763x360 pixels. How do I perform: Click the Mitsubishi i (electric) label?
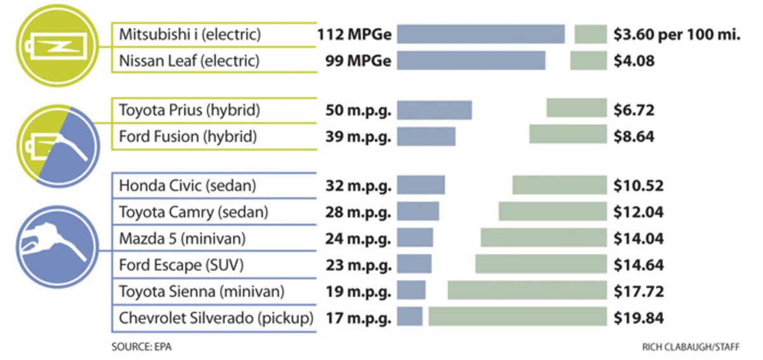[189, 34]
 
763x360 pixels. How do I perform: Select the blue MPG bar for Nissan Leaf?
[472, 60]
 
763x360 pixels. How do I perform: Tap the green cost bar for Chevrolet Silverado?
[518, 316]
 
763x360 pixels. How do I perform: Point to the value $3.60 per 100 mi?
[677, 34]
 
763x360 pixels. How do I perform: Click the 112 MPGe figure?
[354, 34]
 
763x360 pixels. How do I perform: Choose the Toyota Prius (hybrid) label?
[189, 109]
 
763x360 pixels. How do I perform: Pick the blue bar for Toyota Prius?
[435, 109]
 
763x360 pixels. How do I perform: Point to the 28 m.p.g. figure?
[359, 212]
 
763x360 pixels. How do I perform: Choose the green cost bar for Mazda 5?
[544, 238]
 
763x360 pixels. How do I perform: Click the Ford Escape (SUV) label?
[181, 264]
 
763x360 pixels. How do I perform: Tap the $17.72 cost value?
[638, 291]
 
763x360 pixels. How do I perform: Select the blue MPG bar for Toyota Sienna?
[412, 291]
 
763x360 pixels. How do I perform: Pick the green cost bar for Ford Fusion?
[568, 134]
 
